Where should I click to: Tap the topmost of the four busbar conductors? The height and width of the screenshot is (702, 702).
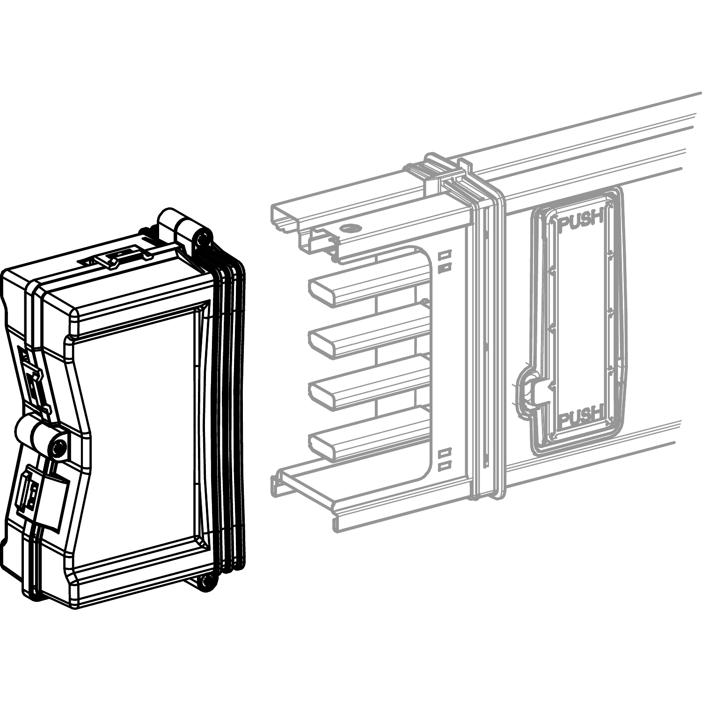(370, 284)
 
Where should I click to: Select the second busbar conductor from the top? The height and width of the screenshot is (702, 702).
(370, 336)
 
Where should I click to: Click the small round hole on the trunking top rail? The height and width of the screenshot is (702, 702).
(349, 228)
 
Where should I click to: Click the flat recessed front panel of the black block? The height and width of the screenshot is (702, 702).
(136, 435)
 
